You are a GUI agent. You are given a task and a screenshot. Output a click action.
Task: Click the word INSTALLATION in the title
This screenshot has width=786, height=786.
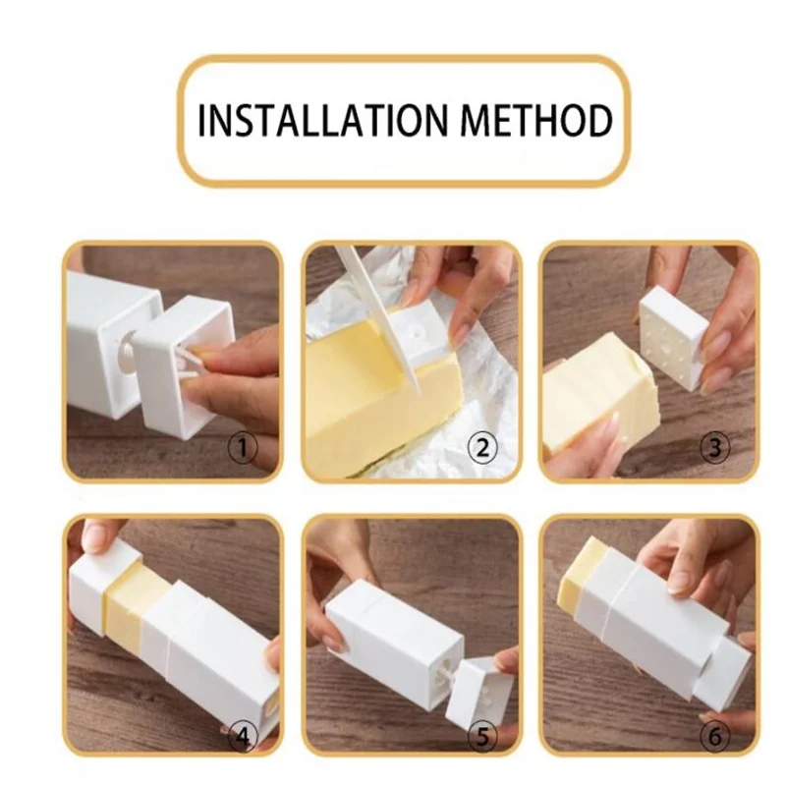coord(322,120)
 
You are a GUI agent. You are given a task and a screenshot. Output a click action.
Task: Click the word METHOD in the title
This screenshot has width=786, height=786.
coord(536,120)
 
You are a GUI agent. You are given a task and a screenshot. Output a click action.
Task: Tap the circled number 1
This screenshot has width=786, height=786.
coord(243,448)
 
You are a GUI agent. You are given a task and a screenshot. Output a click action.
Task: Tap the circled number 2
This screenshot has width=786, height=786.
coord(481,448)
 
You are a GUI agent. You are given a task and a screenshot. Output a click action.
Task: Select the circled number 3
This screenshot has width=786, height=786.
coord(715,448)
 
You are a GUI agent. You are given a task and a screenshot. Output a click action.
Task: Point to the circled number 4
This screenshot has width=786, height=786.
coord(243,737)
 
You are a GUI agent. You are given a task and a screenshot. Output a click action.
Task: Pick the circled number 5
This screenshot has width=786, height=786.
coord(481,737)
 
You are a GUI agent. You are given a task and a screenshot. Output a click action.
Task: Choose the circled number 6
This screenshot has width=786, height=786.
coord(715,737)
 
